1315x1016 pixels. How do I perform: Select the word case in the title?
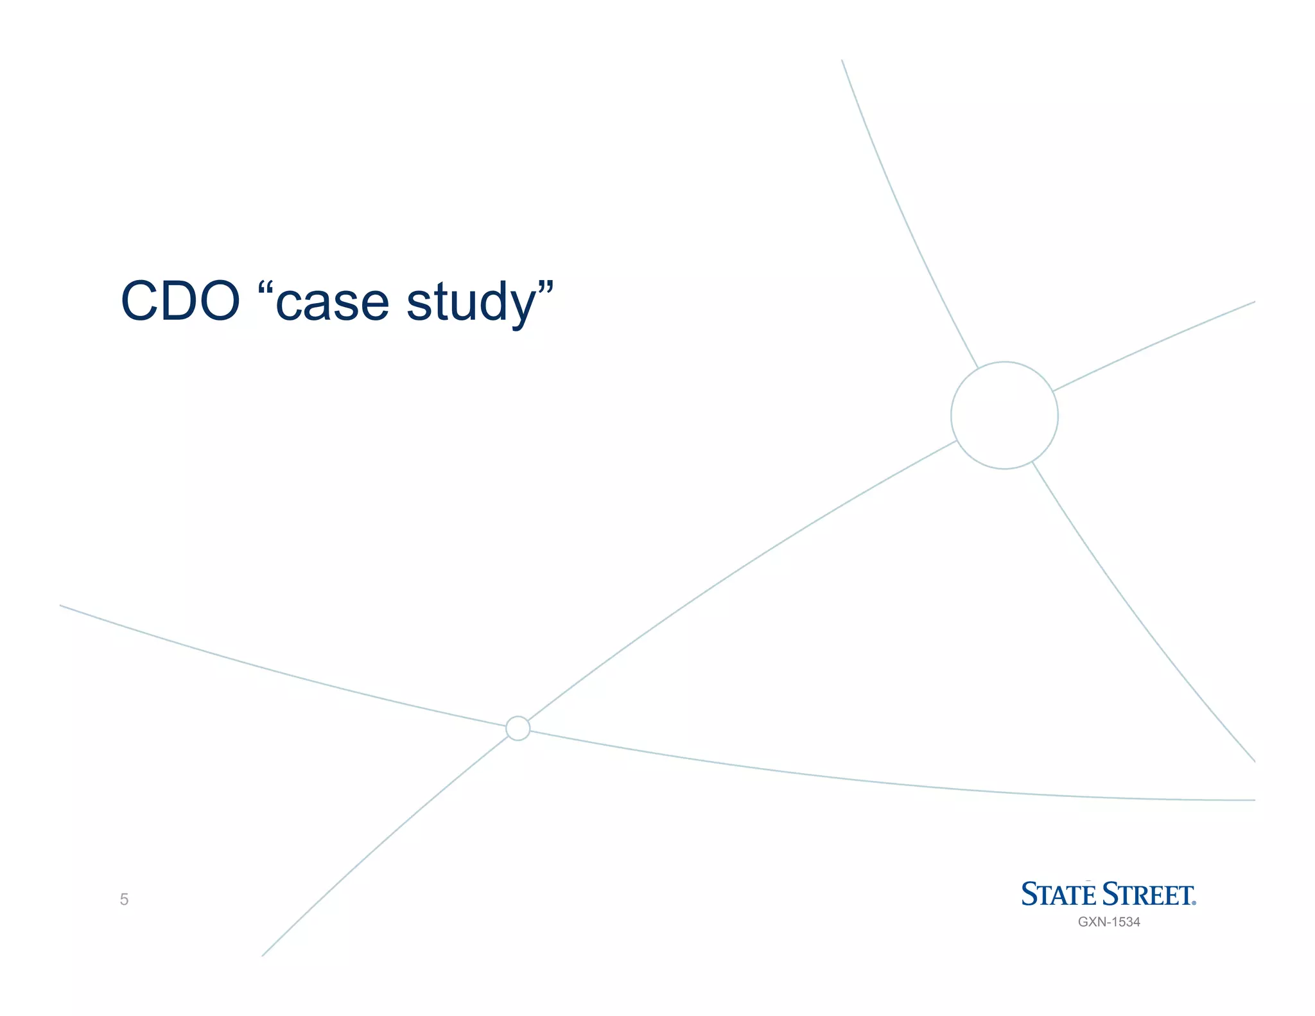pos(332,303)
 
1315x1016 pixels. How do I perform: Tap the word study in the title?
pos(471,303)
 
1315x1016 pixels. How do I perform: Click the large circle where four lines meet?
pos(1004,416)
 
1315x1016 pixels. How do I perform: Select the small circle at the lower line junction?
pos(518,728)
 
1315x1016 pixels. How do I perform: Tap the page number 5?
pos(124,899)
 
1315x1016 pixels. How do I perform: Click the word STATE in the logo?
pos(1059,895)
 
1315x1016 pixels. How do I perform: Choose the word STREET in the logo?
pos(1146,895)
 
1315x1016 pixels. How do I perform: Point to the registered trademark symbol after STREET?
pos(1194,903)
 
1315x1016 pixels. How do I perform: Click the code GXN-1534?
pos(1109,922)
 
